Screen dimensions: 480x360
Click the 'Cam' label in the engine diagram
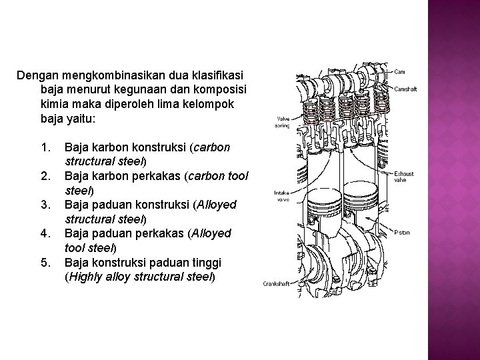click(400, 72)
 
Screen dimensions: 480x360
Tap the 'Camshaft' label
click(405, 89)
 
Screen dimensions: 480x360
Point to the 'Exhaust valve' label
click(403, 177)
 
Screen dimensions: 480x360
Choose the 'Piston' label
click(401, 233)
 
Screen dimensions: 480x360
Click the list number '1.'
click(45, 147)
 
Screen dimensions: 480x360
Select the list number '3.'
click(45, 204)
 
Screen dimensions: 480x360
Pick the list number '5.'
click(45, 262)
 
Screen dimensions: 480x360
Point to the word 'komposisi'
click(223, 89)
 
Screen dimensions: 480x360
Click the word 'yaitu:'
click(81, 118)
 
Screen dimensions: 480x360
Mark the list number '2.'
click(45, 175)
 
